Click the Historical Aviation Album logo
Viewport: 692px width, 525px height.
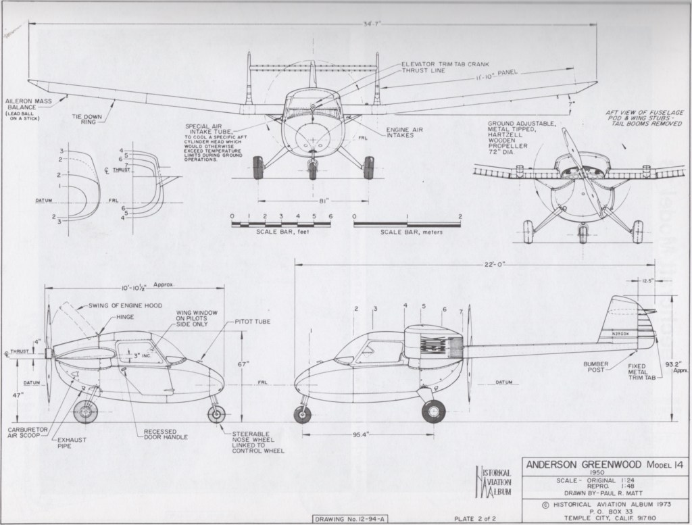pyautogui.click(x=495, y=482)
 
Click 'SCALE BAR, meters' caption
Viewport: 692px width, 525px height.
pyautogui.click(x=407, y=232)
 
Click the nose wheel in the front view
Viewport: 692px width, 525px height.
pyautogui.click(x=312, y=168)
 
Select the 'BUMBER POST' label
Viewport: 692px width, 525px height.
pyautogui.click(x=599, y=368)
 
